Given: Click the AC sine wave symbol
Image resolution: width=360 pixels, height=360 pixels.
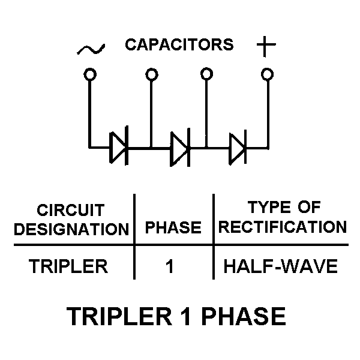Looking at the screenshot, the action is pos(91,50).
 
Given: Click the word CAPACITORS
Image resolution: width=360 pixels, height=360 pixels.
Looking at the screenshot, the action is pos(179,44).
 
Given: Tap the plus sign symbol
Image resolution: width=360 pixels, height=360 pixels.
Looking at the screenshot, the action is pos(266,46).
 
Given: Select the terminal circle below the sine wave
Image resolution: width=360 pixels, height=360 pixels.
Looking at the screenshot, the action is pos(90,74).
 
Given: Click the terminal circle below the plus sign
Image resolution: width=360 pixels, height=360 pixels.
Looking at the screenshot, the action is pos(267,74).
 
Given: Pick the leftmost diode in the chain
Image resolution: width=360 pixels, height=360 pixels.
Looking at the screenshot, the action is pos(119,146).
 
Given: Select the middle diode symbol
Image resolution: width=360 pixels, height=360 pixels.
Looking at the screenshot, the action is pos(180,148).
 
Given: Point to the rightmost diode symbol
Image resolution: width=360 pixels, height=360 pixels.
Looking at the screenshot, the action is pos(238,148).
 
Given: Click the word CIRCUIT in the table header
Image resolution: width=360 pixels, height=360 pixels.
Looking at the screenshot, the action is pos(71,210).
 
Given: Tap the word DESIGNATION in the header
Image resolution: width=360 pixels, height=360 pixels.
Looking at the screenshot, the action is pos(71,229).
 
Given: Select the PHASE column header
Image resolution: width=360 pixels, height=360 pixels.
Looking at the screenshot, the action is pos(173,227).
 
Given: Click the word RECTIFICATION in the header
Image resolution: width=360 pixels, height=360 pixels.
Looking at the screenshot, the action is pos(283,227).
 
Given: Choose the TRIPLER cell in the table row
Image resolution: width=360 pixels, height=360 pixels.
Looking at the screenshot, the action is pos(68,266).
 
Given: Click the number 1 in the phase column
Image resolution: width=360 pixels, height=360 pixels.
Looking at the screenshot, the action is pos(170,266).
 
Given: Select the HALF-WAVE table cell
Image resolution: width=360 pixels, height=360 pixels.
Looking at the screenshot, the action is pos(281,266).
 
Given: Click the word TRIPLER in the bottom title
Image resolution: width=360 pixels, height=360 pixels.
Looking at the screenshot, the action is pos(119,316).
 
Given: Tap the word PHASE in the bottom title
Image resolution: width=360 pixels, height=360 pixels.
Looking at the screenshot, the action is pos(244,316).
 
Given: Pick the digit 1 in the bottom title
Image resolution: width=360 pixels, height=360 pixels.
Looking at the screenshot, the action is pos(185,316).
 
